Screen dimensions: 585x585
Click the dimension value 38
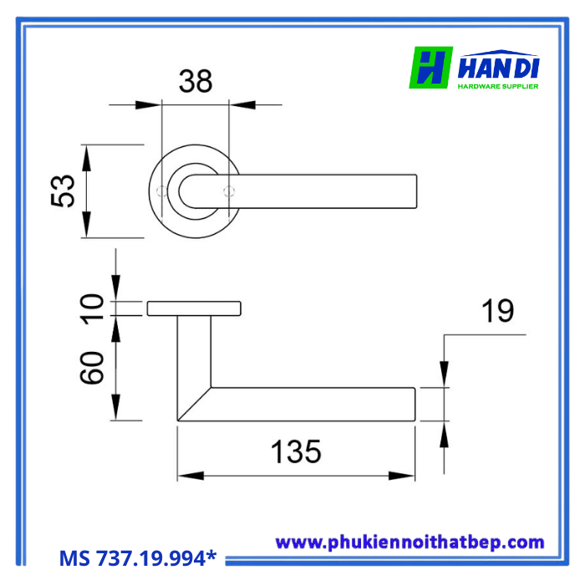tap(196, 81)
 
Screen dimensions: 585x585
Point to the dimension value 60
tap(94, 368)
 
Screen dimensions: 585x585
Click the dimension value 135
tap(295, 451)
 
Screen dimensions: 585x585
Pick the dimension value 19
tap(497, 312)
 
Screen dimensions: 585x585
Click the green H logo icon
tap(430, 68)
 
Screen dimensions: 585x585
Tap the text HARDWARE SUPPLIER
tap(498, 85)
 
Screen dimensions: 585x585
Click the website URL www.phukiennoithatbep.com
tap(409, 542)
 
